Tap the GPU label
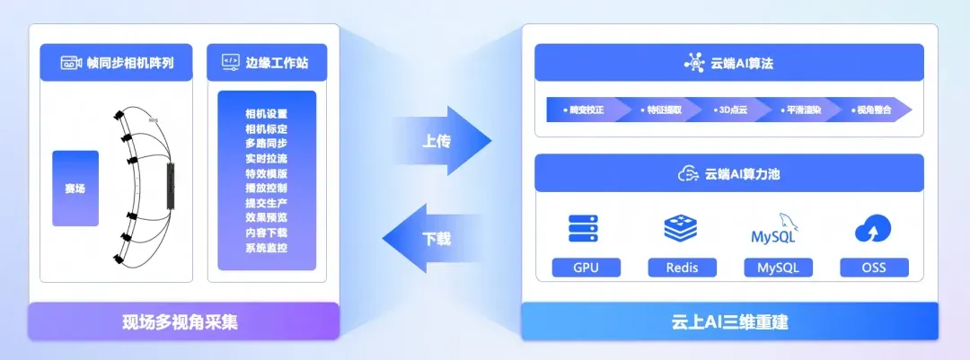click(586, 268)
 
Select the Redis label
click(682, 268)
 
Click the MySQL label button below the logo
click(778, 268)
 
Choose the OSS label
click(874, 268)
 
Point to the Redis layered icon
click(682, 229)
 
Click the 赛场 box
click(75, 189)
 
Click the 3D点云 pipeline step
click(726, 110)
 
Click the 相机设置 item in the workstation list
click(266, 114)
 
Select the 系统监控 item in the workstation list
click(266, 247)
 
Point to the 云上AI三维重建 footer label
click(729, 321)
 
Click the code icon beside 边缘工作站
click(229, 63)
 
